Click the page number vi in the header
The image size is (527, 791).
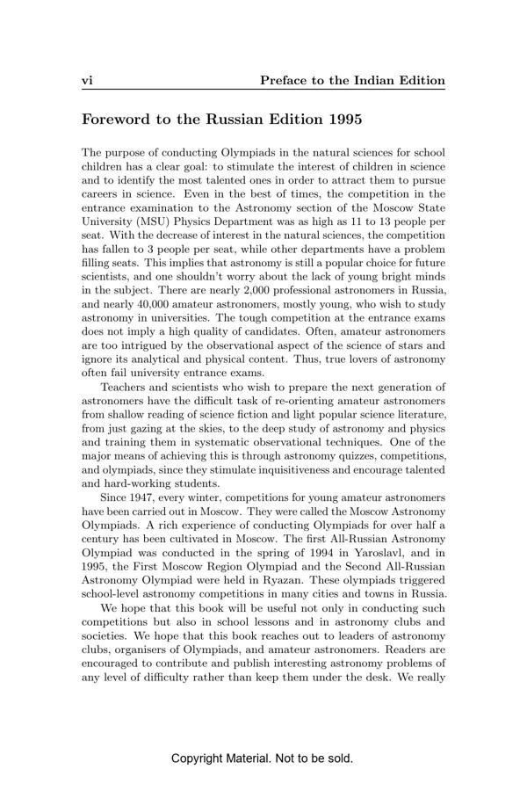pyautogui.click(x=87, y=81)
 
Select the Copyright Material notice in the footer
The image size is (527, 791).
pyautogui.click(x=263, y=758)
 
